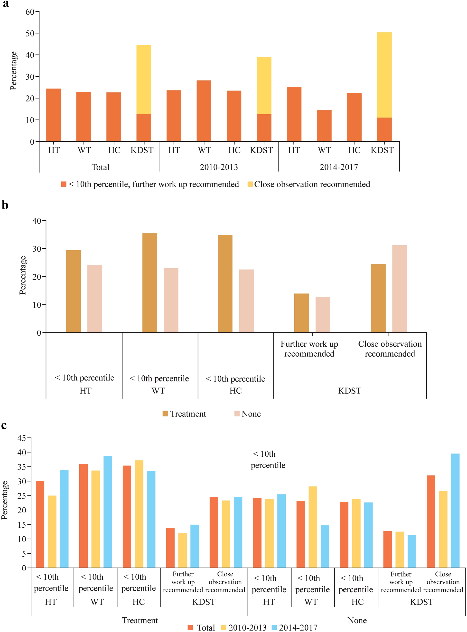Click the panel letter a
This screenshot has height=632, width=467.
click(x=6, y=4)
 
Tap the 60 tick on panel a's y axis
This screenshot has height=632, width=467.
click(x=30, y=12)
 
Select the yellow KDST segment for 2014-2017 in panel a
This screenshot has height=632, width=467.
click(x=384, y=75)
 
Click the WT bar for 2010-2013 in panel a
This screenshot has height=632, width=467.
click(x=204, y=111)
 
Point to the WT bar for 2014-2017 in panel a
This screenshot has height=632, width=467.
click(x=324, y=126)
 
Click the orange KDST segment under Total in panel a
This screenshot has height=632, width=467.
click(x=144, y=128)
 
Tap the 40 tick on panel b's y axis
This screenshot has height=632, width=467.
click(x=37, y=221)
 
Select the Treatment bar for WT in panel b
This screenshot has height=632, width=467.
click(x=149, y=283)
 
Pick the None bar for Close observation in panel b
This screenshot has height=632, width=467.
click(x=400, y=289)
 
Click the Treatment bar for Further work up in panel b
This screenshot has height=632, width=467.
click(x=301, y=313)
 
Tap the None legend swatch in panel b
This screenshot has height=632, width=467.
click(x=237, y=414)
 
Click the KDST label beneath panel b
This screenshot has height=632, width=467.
click(x=349, y=391)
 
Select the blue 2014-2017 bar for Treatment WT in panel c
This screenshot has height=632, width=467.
click(x=108, y=512)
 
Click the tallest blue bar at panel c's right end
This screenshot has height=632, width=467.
click(x=455, y=511)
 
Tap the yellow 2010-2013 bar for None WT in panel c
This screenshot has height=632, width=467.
click(x=313, y=527)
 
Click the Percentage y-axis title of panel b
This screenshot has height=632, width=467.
click(x=23, y=275)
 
